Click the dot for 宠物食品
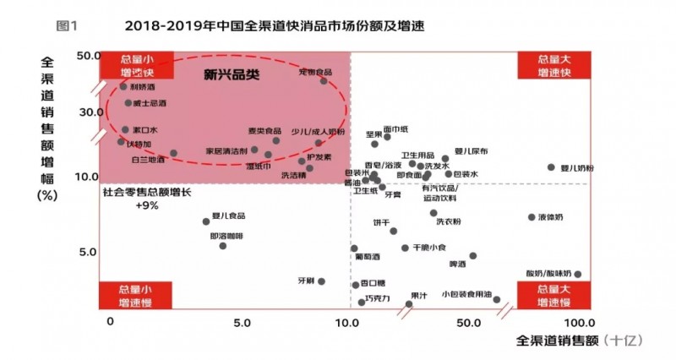pos(324,80)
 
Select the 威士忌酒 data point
pos(128,103)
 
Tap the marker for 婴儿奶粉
pos(551,167)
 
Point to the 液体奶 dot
pos(532,217)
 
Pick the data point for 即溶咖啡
pos(223,245)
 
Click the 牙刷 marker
pos(321,281)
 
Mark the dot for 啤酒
pos(472,255)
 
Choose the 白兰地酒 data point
pos(173,153)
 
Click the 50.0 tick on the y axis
pos(89,56)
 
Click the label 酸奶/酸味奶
pos(548,274)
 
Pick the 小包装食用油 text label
pos(466,294)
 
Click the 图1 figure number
pos(67,25)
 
